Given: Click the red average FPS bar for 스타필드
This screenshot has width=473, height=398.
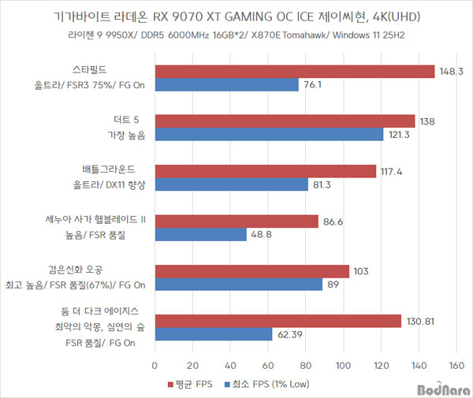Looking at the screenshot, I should pyautogui.click(x=294, y=72).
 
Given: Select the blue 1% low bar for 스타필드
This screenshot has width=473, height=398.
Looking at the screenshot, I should pyautogui.click(x=226, y=85).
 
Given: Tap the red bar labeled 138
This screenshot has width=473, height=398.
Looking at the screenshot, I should pyautogui.click(x=285, y=121).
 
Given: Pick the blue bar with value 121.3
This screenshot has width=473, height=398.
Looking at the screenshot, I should pyautogui.click(x=269, y=135).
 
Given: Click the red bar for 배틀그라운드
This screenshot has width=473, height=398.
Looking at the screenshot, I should pyautogui.click(x=265, y=171).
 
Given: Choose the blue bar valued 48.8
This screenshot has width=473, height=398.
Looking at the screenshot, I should pyautogui.click(x=200, y=234).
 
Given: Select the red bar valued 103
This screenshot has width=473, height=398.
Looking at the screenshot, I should pyautogui.click(x=251, y=270).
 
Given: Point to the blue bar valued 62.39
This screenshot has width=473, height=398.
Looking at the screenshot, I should pyautogui.click(x=213, y=333).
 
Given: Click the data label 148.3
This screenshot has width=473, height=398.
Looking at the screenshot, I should pyautogui.click(x=451, y=72).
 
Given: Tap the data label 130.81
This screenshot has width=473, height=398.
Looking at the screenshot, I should pyautogui.click(x=422, y=320).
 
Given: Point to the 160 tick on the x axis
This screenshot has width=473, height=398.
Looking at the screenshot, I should pyautogui.click(x=456, y=366).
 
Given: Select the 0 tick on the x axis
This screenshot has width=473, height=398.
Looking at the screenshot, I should pyautogui.click(x=155, y=366).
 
